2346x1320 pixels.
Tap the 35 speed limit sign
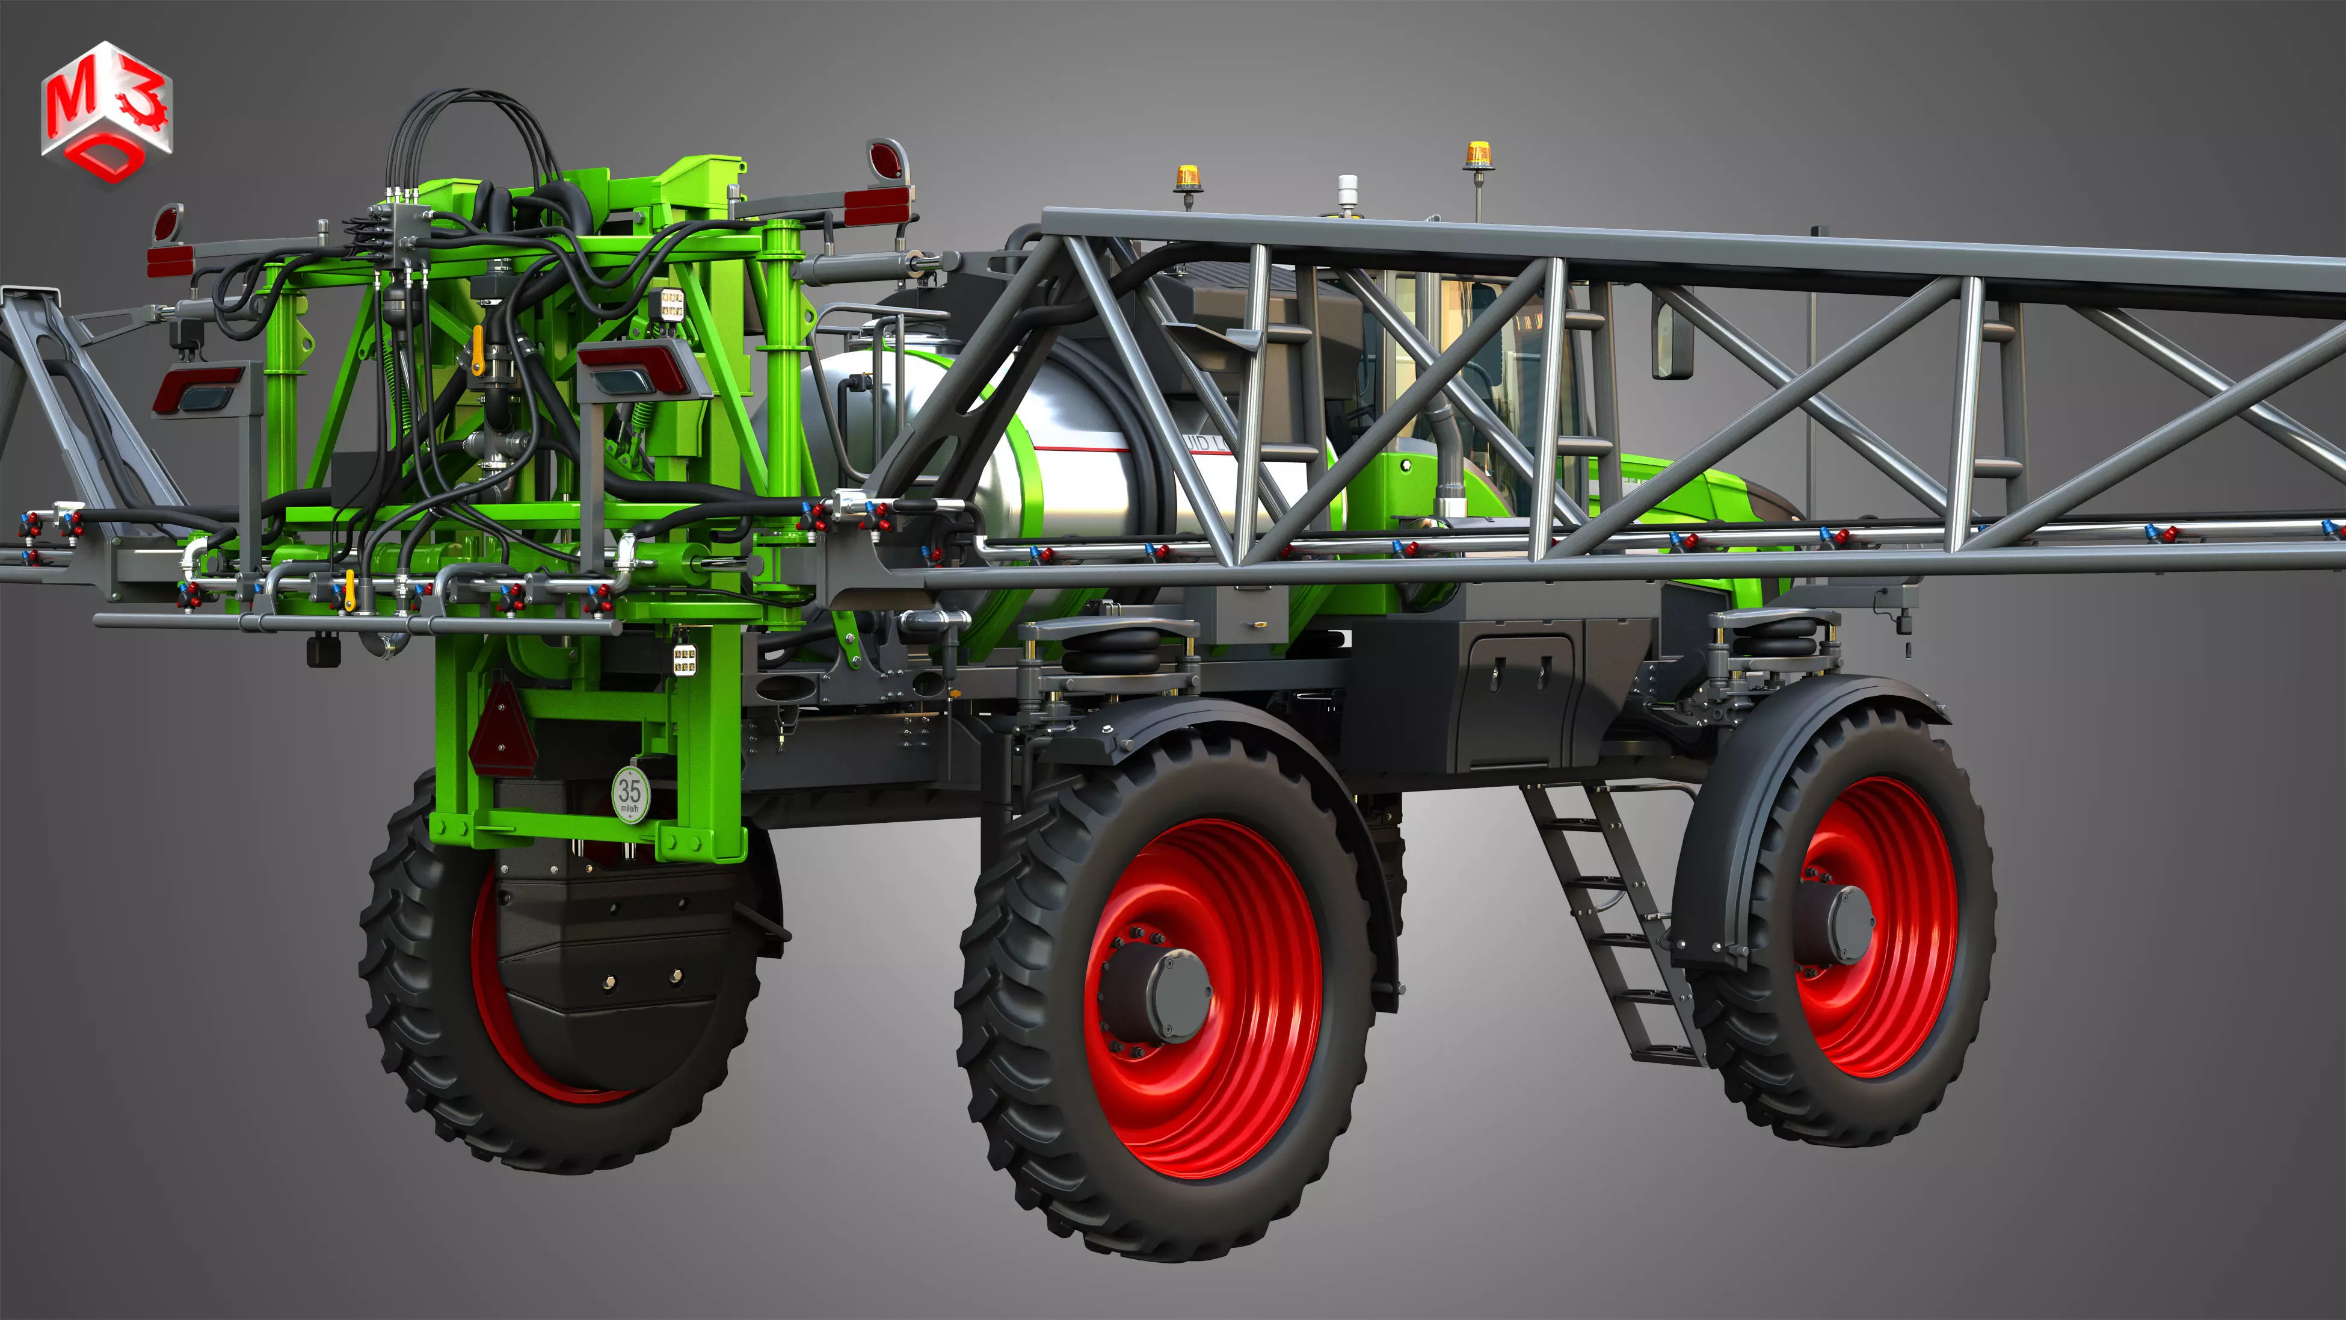click(630, 793)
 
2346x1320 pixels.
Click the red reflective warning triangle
click(503, 731)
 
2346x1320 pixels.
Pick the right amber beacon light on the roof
click(1477, 156)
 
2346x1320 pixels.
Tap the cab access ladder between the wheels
click(1612, 920)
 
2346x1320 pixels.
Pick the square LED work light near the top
click(672, 303)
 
